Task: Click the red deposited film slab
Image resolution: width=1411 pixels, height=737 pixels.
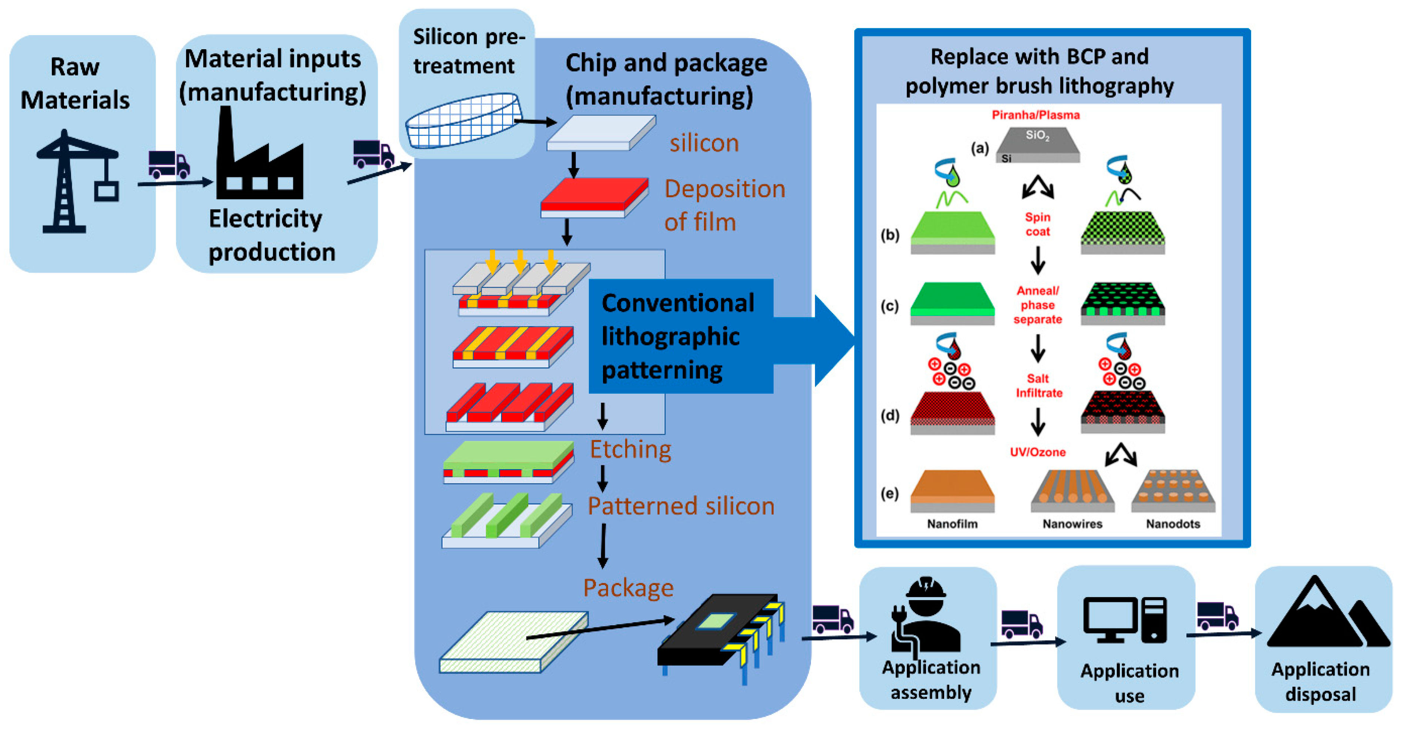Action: pyautogui.click(x=594, y=196)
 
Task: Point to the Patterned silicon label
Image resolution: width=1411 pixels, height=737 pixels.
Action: pyautogui.click(x=680, y=506)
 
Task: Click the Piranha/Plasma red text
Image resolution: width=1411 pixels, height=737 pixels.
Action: pyautogui.click(x=1035, y=115)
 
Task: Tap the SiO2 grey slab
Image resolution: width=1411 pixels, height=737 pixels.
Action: pyautogui.click(x=1037, y=144)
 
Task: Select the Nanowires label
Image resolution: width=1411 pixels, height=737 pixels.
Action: pyautogui.click(x=1072, y=524)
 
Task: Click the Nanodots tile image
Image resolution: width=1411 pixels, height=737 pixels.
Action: pyautogui.click(x=1173, y=491)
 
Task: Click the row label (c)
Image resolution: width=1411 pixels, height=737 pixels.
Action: pyautogui.click(x=889, y=305)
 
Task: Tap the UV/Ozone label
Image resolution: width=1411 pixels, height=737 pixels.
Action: pyautogui.click(x=1037, y=452)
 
